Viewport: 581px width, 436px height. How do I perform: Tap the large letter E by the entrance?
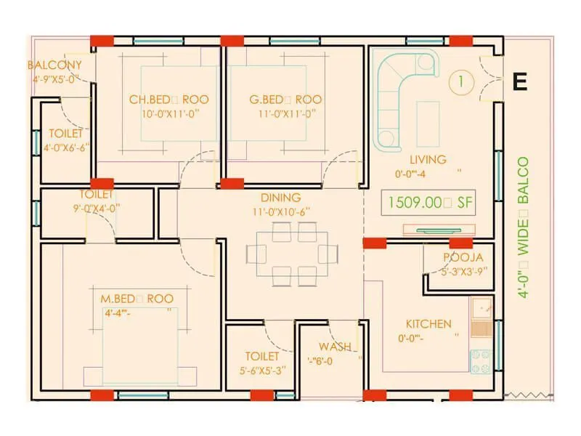point(519,82)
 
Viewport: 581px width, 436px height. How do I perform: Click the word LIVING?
point(428,160)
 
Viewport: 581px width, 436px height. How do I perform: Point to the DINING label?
point(280,198)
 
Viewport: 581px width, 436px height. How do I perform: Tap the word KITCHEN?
point(428,324)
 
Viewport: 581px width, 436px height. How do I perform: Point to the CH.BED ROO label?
point(163,100)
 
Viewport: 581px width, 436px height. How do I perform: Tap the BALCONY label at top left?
point(54,65)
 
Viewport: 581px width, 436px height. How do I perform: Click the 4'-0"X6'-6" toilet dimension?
point(65,148)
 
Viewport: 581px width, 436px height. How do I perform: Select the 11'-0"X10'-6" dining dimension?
point(280,211)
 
